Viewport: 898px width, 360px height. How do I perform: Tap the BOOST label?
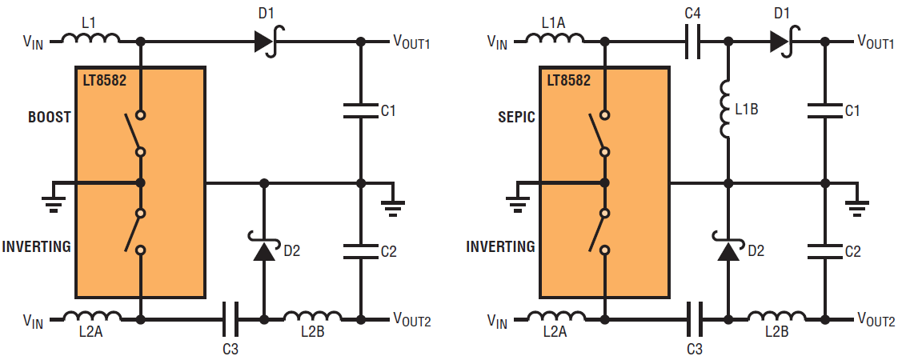click(x=50, y=117)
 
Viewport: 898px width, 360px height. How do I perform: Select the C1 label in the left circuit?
click(x=388, y=110)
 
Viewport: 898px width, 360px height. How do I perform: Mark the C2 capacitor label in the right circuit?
click(x=853, y=251)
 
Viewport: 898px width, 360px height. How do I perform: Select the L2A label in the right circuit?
click(x=555, y=334)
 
